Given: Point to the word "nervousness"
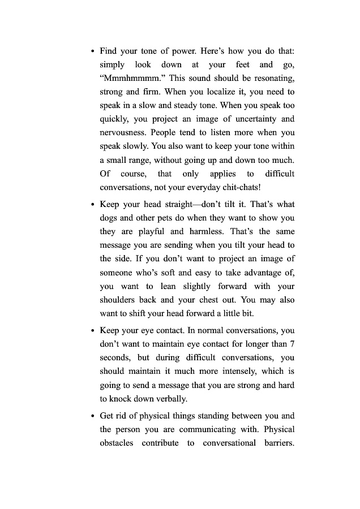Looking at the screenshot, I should [x=123, y=132].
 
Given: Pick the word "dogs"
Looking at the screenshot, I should [x=110, y=218].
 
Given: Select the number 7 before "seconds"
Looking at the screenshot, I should [x=292, y=344].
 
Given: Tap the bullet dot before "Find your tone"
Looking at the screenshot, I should [x=92, y=51].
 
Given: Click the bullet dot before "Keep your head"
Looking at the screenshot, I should [x=92, y=205].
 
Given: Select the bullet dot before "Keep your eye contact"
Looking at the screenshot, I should [x=92, y=331].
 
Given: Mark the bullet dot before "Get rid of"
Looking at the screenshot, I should [x=92, y=416].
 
